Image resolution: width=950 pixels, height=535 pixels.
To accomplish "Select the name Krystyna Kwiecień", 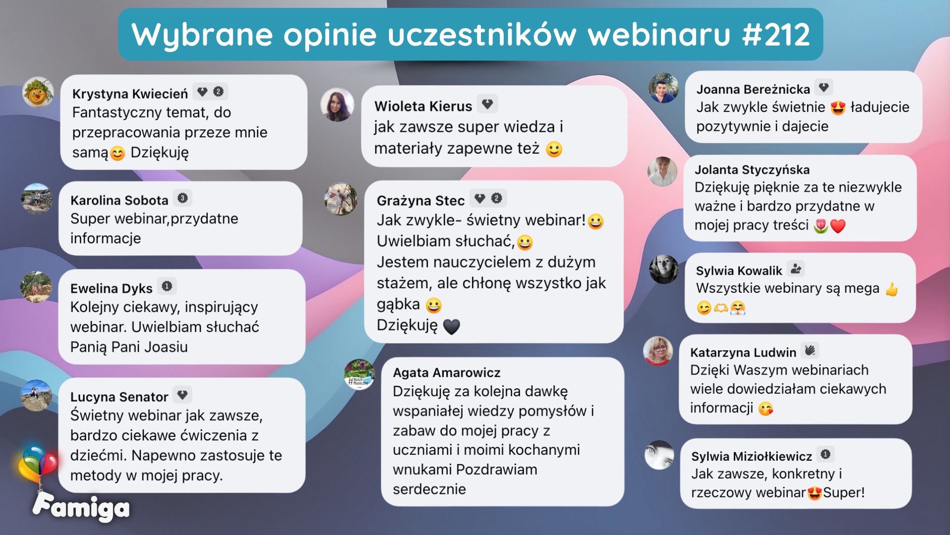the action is [x=130, y=94].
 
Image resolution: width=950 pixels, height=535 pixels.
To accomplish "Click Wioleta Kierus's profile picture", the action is [x=337, y=105].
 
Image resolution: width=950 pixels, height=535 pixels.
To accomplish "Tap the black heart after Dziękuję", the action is [x=451, y=326].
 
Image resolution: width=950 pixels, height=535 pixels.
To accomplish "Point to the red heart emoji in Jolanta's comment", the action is [x=838, y=226].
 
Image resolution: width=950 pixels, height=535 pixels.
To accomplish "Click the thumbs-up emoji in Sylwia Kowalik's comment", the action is [x=892, y=289].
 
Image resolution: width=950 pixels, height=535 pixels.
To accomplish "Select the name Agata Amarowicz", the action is [x=446, y=373].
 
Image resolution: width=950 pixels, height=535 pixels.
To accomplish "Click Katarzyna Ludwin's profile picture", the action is [x=658, y=351].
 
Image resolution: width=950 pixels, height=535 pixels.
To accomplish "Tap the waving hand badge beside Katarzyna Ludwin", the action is [x=810, y=351].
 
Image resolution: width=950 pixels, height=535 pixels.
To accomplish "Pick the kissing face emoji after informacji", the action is [x=765, y=409].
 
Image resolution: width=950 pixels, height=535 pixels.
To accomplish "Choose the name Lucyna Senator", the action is [x=119, y=397].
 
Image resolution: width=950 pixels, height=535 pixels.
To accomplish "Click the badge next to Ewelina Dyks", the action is [x=167, y=286].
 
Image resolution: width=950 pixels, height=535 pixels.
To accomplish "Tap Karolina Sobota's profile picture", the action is [x=37, y=199].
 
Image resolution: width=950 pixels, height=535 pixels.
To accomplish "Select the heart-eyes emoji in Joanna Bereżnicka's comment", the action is [x=838, y=108].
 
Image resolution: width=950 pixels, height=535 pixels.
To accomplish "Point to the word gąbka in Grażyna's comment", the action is [x=398, y=305].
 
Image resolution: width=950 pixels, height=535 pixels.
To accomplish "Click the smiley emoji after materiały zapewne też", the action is [x=554, y=149].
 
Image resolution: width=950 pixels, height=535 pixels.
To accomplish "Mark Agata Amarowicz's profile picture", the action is [x=359, y=374].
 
